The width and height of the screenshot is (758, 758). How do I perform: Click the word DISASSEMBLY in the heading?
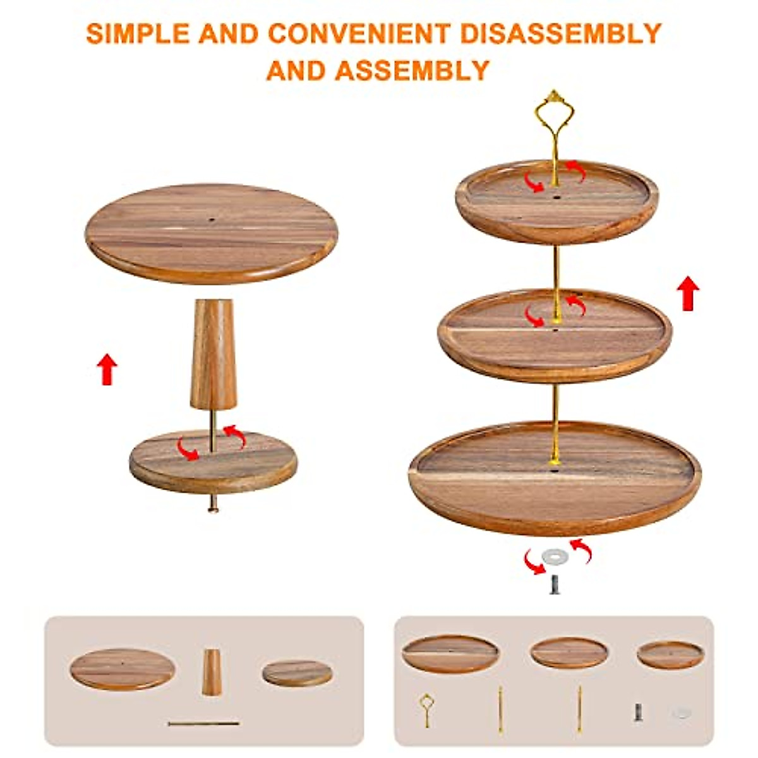pos(561,33)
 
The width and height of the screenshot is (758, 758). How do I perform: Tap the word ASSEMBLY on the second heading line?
pos(412,70)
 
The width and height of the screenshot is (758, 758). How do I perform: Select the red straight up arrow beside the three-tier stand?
pos(688,294)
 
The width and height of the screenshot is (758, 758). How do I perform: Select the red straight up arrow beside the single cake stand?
pos(108,370)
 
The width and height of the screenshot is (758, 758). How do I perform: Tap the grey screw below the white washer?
pos(555,584)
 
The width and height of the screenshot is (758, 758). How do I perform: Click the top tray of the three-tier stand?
pos(556,202)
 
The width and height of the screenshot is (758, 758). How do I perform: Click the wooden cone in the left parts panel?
pos(212,672)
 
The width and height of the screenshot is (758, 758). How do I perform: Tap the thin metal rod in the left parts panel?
pos(203,723)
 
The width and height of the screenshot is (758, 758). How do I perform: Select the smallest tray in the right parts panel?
pos(670,655)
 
